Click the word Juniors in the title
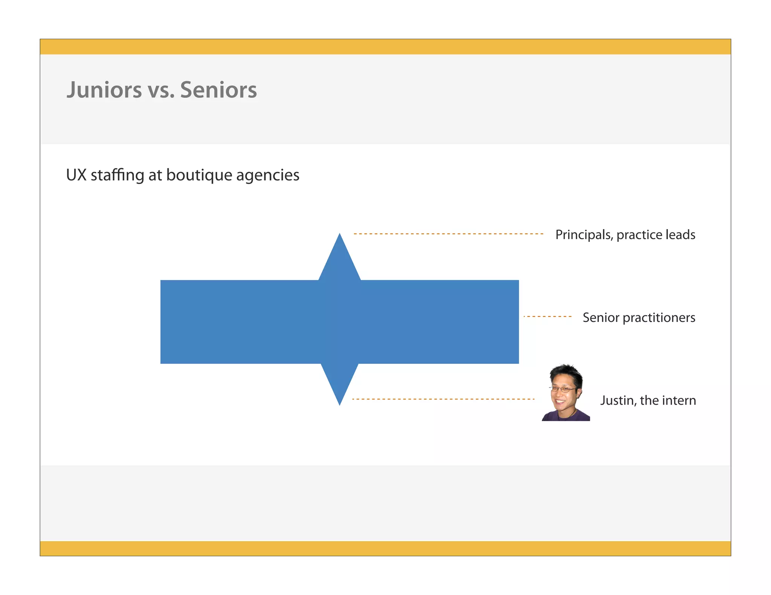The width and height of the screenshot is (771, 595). click(104, 90)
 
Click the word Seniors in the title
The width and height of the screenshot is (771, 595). click(218, 90)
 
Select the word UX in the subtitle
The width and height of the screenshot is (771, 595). click(76, 175)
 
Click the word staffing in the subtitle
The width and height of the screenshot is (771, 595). click(117, 175)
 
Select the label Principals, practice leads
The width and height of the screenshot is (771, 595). click(625, 235)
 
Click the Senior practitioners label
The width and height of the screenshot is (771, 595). click(638, 317)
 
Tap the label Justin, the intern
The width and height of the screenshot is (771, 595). click(648, 400)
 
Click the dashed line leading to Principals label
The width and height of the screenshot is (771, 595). click(448, 234)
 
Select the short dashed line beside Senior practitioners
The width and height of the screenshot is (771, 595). click(547, 317)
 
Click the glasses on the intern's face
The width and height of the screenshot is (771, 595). click(562, 389)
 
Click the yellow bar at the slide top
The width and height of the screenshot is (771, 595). click(385, 47)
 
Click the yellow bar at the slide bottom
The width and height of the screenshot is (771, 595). click(385, 548)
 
